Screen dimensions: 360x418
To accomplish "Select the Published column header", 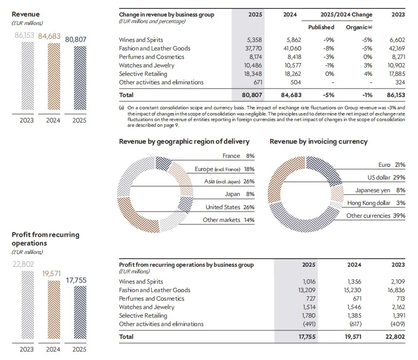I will coord(321,27).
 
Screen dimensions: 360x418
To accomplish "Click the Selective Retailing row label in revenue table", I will coord(143,74).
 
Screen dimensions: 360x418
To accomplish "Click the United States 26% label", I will coord(230,207).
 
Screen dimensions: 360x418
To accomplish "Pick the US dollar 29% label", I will coord(386,178).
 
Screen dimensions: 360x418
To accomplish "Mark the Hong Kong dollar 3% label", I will coord(376,203).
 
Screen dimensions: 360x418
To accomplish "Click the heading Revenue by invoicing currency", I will coord(318,141).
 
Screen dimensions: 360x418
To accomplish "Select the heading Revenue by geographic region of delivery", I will coord(184,141).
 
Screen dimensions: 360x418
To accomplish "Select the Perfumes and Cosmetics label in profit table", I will coord(152,299).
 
